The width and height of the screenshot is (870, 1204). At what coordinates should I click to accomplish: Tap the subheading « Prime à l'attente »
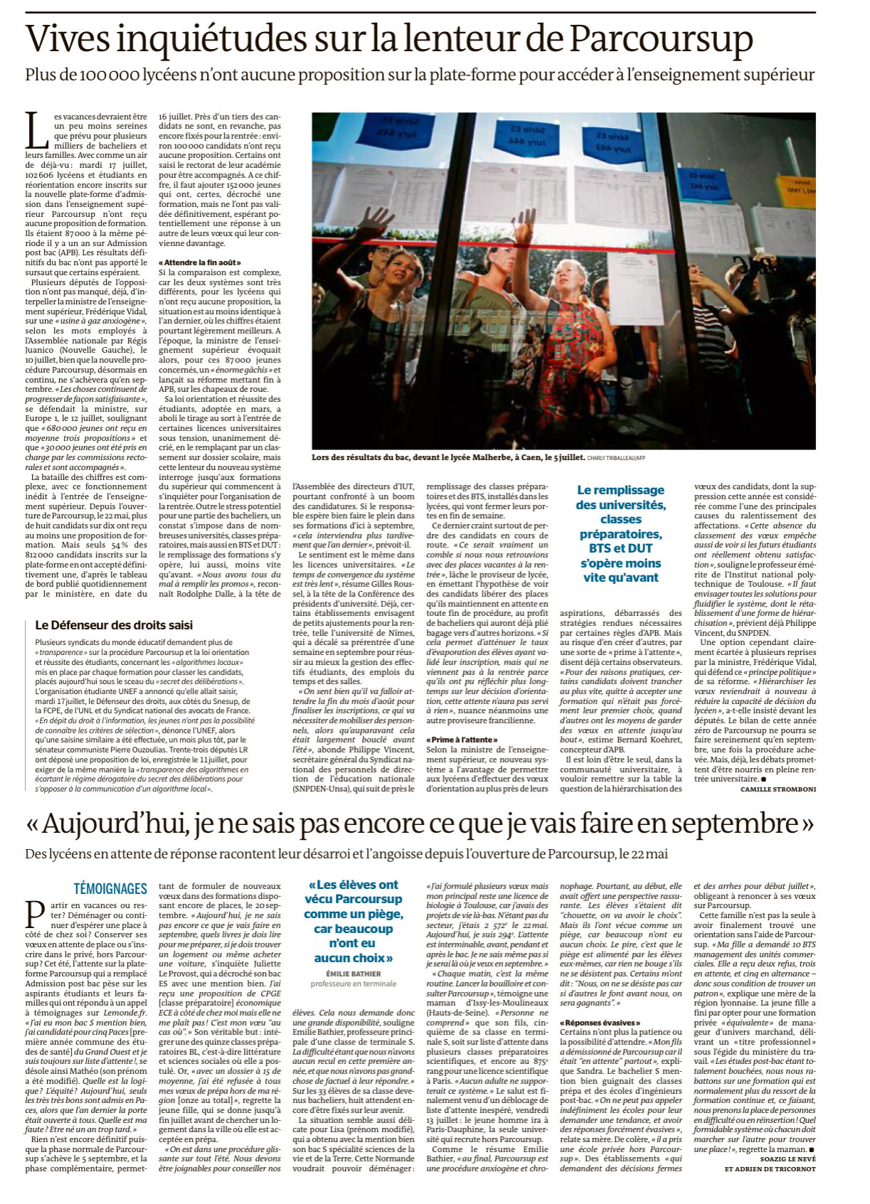point(462,740)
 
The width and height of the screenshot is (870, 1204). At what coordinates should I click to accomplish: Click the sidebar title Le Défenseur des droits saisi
point(114,625)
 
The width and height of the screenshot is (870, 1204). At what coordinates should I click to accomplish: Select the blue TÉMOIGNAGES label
point(110,888)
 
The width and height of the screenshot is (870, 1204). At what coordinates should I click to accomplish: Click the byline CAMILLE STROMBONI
point(778,789)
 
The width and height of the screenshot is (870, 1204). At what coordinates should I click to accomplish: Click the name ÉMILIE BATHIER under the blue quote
point(354,974)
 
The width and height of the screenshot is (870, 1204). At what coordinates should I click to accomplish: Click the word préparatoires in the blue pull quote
point(620,534)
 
